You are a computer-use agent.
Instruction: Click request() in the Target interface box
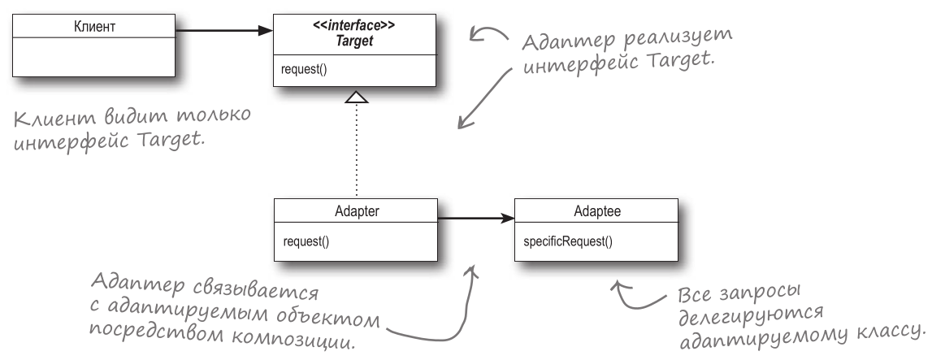[300, 70]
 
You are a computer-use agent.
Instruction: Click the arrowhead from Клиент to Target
[265, 31]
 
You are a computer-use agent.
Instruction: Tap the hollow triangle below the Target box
[357, 98]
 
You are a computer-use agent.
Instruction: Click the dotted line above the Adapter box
[357, 154]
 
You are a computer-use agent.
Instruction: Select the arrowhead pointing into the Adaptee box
[506, 218]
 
